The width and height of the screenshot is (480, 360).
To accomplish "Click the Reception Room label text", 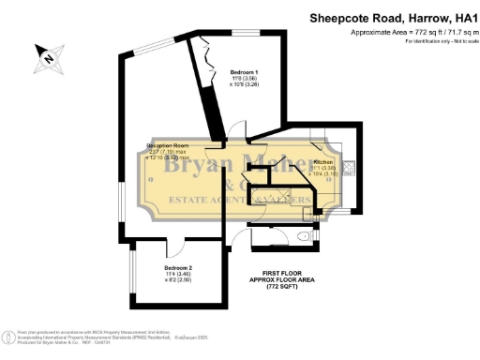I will click(x=169, y=146).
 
